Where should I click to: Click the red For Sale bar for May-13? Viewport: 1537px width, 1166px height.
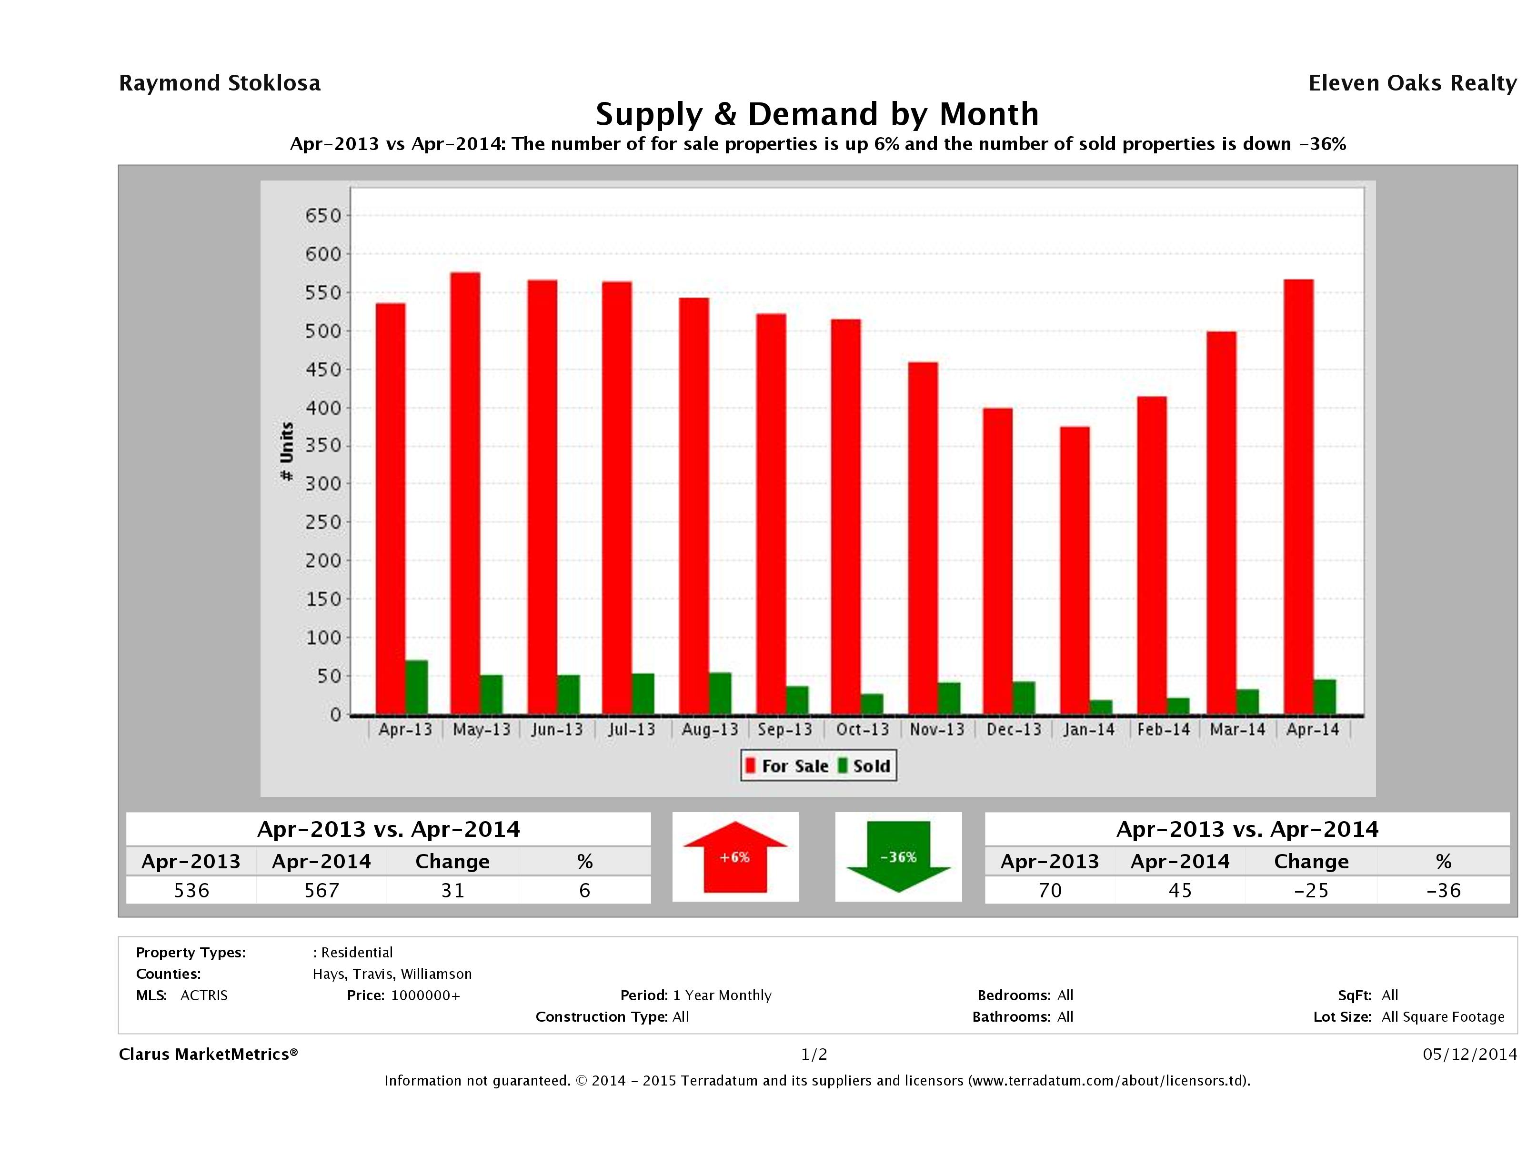[465, 493]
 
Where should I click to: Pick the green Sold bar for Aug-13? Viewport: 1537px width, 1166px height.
[720, 693]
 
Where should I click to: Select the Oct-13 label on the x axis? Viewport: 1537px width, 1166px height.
[862, 730]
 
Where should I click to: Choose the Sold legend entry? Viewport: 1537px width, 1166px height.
[864, 766]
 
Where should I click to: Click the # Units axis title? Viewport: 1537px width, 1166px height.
[286, 452]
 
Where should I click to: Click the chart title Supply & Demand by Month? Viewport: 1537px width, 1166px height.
[817, 114]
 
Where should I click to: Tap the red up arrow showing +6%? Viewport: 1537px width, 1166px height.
[735, 857]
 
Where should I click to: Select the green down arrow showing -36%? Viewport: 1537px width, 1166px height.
[898, 857]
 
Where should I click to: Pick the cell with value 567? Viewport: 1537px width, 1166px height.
[321, 890]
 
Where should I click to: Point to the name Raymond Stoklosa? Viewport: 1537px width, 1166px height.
[220, 83]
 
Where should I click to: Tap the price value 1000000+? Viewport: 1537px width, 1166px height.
[425, 995]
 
